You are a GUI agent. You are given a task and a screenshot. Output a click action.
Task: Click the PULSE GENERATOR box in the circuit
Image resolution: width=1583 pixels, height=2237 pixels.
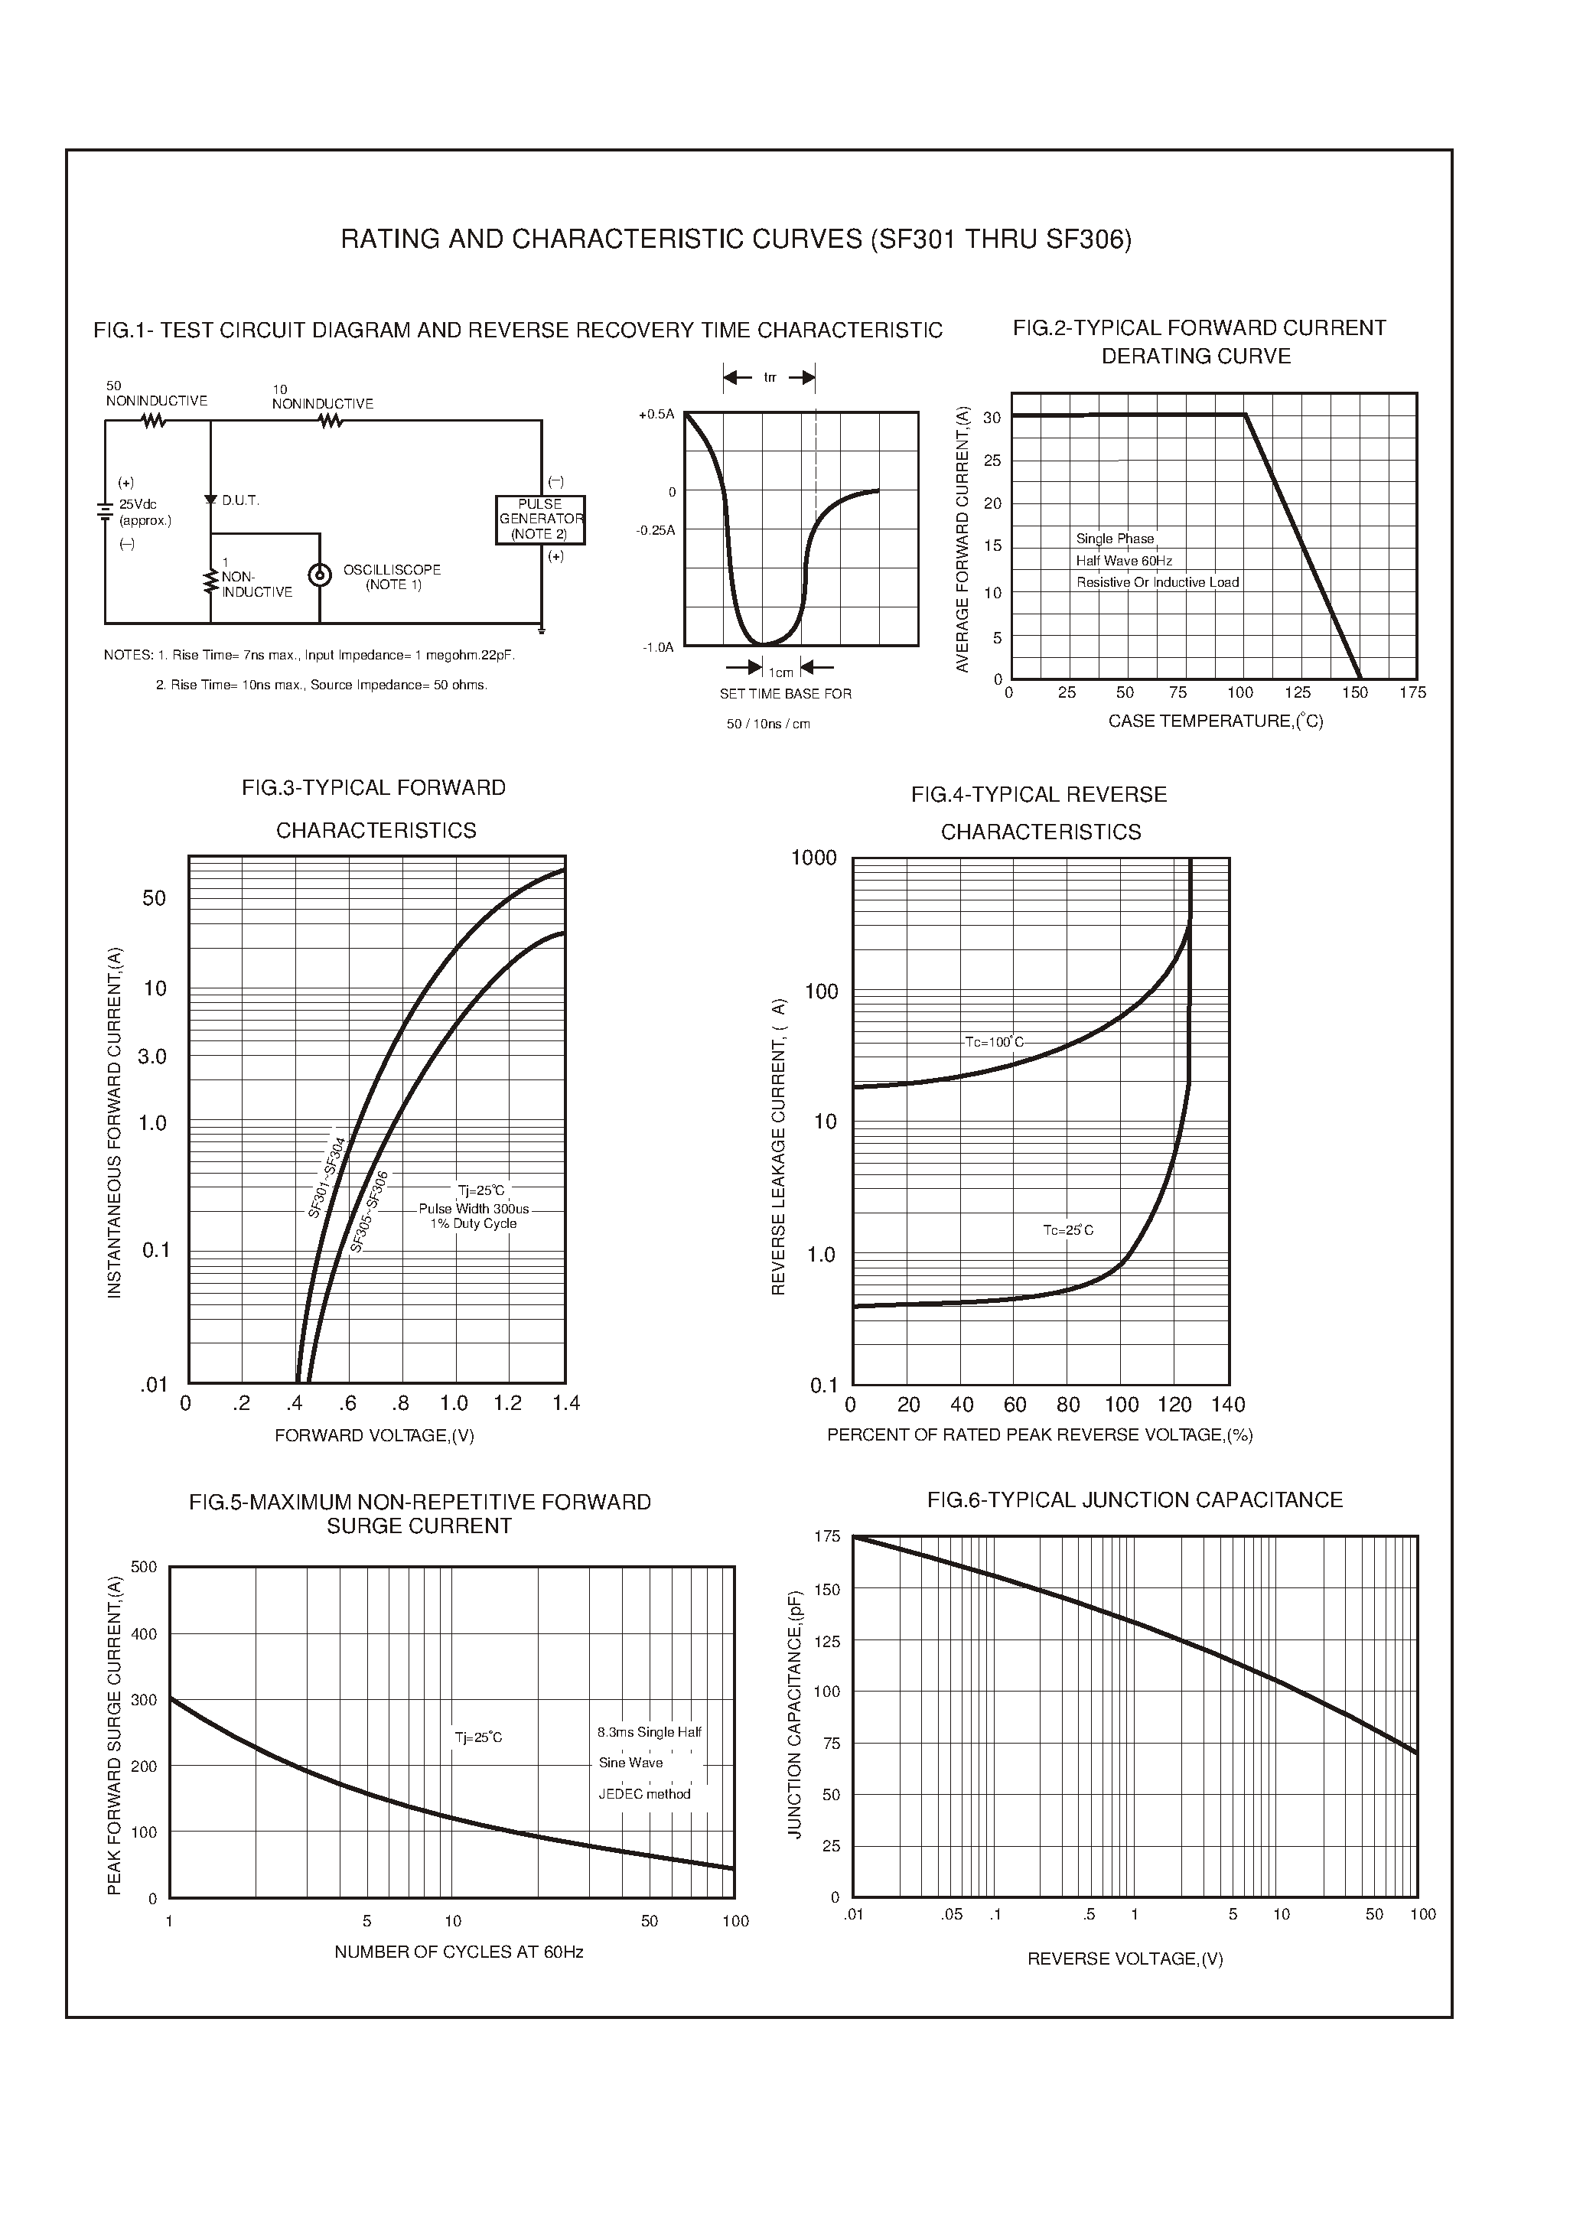click(540, 519)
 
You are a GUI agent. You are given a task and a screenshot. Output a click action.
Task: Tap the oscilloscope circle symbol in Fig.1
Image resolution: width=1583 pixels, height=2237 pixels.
click(319, 575)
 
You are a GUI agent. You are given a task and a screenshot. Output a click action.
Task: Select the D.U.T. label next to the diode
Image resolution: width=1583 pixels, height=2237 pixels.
click(239, 501)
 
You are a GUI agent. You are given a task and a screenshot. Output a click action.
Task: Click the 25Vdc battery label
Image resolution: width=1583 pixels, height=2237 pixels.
click(138, 505)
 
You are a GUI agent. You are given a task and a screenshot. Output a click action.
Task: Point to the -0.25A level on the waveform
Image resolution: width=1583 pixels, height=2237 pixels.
click(655, 530)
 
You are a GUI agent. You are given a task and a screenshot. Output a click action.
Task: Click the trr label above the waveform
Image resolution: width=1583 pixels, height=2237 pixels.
click(770, 377)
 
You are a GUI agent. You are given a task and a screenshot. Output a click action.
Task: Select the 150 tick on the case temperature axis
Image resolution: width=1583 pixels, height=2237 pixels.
click(1354, 693)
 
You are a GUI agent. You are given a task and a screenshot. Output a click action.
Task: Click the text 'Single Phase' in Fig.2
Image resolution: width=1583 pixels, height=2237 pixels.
click(1114, 539)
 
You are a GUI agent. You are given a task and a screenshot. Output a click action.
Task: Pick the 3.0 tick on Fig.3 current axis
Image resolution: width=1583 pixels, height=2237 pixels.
click(152, 1057)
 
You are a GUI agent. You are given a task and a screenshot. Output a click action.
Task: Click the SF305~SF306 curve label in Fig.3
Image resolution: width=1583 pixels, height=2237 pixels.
click(370, 1212)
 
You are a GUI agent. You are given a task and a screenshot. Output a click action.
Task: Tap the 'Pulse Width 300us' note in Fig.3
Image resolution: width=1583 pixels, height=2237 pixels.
click(474, 1209)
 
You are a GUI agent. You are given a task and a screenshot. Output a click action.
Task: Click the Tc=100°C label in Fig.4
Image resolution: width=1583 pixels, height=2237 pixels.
click(993, 1042)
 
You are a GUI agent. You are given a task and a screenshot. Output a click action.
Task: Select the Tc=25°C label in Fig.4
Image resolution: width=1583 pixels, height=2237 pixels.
click(1067, 1230)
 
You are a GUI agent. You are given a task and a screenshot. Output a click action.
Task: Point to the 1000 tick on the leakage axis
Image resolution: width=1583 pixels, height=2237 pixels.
click(813, 858)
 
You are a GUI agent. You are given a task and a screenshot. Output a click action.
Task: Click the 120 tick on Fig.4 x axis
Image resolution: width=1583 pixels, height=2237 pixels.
click(1174, 1405)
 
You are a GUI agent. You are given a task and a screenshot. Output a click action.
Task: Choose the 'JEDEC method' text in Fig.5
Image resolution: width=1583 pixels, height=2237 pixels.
click(643, 1795)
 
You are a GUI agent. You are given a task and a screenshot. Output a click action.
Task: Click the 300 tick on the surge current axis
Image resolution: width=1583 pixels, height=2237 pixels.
click(143, 1701)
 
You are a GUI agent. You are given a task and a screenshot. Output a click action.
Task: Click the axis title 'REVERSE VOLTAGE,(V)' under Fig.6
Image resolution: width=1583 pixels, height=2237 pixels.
click(1125, 1959)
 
